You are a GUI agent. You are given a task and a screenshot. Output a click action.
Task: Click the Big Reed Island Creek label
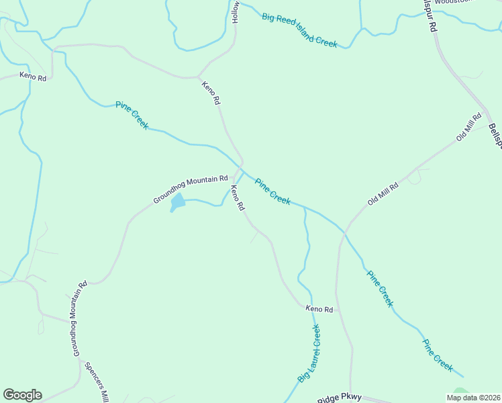299,30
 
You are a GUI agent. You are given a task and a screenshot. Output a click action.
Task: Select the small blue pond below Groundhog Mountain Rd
178,201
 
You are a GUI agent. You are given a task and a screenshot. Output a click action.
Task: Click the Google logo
22,395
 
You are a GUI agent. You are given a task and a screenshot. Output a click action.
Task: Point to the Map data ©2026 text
474,398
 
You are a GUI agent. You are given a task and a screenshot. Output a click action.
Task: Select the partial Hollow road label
236,11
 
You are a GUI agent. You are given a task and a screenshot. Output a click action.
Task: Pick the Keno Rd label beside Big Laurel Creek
319,309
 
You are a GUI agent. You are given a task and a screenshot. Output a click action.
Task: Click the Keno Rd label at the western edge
33,77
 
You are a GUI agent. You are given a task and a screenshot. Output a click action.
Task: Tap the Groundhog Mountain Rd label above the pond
191,188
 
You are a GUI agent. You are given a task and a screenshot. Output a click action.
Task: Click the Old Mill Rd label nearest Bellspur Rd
469,127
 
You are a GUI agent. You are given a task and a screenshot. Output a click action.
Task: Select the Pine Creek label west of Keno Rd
132,115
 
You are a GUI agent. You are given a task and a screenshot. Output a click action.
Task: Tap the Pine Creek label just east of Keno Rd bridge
272,191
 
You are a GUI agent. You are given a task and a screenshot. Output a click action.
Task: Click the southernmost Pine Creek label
438,355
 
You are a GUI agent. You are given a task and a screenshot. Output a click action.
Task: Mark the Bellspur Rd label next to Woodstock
430,17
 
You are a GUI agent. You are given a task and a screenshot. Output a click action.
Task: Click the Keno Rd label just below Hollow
211,93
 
